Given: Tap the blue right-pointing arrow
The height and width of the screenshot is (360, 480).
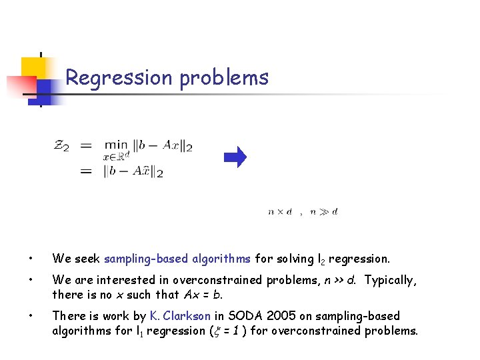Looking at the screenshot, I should coord(235,157).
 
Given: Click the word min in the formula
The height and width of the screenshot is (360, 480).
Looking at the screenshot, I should coord(115,145).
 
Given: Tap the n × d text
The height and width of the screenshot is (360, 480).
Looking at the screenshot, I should coord(280,212).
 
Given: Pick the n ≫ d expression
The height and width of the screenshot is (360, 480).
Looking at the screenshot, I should coord(324,212).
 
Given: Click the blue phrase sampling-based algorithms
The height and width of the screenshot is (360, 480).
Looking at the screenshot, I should coord(178,259).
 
